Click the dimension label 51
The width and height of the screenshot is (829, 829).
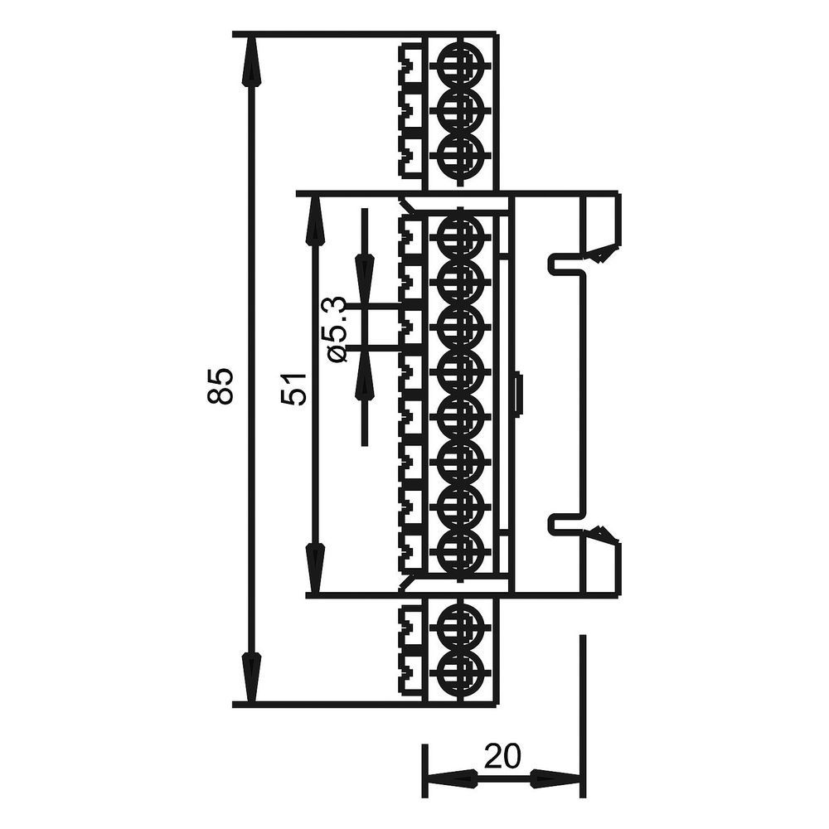point(294,389)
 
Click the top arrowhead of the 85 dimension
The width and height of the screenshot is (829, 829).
point(251,61)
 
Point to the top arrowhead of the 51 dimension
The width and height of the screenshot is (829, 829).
point(315,221)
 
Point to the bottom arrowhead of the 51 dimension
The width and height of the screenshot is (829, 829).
point(315,568)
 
